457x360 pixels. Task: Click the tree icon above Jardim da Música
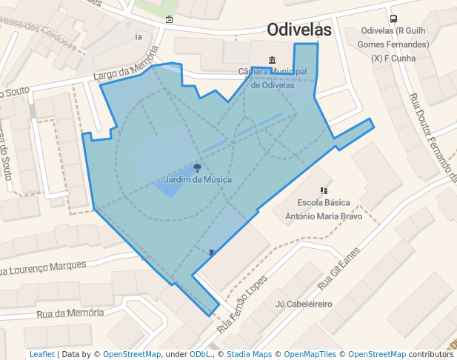click(x=197, y=167)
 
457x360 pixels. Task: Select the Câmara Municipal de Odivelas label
click(x=273, y=78)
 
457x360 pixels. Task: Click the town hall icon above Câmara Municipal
click(x=273, y=60)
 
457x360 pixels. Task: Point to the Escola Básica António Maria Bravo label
click(x=324, y=209)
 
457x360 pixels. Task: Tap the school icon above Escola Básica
click(x=324, y=190)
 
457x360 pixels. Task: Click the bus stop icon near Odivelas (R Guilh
click(x=393, y=19)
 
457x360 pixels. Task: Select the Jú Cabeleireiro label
click(x=303, y=304)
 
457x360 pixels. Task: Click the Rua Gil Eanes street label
click(x=339, y=267)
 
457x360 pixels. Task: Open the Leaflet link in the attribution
click(x=41, y=354)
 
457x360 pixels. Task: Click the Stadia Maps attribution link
click(x=249, y=354)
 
